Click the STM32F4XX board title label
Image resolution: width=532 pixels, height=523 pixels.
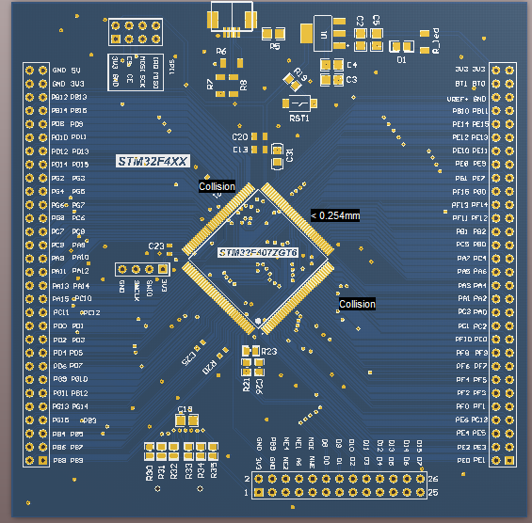coord(152,161)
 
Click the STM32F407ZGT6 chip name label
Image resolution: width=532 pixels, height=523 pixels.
coord(258,253)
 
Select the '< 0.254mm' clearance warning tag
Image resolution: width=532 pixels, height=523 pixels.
coord(334,215)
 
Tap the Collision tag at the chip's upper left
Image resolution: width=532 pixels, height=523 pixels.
coord(217,186)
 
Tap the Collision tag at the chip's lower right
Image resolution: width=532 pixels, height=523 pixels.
coord(357,304)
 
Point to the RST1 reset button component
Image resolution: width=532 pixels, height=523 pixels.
coord(299,103)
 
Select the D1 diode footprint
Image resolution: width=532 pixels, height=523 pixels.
coord(402,46)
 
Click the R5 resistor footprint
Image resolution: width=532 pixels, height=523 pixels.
coord(275,34)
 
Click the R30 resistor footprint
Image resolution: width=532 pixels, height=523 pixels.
coord(150,449)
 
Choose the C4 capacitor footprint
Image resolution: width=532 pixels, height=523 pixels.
coord(332,65)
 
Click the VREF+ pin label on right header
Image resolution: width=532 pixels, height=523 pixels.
coord(457,97)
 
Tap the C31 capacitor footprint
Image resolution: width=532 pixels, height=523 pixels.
coord(278,152)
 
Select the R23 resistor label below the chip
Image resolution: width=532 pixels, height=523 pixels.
coord(268,351)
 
